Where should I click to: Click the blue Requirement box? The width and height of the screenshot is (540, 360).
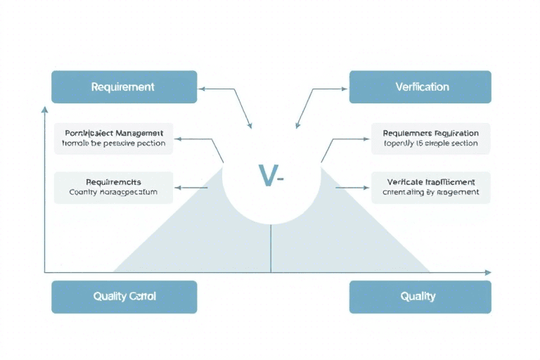point(124,87)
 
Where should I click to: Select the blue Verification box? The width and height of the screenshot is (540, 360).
point(420,87)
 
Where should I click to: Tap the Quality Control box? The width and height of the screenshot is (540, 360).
point(124,297)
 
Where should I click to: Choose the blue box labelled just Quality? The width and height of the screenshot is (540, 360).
point(420,297)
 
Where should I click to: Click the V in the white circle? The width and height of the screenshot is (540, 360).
point(266,176)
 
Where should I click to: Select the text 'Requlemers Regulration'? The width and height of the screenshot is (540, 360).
point(431,133)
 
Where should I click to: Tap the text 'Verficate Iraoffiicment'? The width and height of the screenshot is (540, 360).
point(431,181)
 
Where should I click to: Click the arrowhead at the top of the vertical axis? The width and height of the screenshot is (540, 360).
point(45,109)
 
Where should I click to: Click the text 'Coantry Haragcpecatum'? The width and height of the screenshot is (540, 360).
point(113,191)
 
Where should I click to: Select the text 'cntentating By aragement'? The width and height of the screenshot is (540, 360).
point(430,192)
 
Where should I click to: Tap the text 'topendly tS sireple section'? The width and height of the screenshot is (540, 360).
point(430,143)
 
